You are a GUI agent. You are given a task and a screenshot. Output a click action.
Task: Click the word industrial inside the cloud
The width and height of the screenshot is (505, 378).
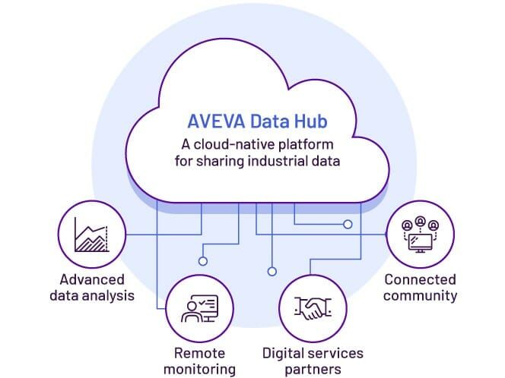(274, 161)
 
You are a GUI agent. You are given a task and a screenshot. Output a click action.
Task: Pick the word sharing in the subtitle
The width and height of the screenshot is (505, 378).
(213, 161)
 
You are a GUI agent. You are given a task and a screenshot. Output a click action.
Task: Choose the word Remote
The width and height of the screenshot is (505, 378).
(200, 353)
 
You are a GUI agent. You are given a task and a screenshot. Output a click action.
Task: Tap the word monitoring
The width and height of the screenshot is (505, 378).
(200, 370)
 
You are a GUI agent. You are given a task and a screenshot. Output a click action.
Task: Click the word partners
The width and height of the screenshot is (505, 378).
(313, 370)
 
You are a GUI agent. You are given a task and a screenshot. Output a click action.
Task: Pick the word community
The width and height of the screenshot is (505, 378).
(420, 295)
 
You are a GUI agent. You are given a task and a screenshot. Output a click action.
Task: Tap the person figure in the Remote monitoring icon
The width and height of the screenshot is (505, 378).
(190, 311)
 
